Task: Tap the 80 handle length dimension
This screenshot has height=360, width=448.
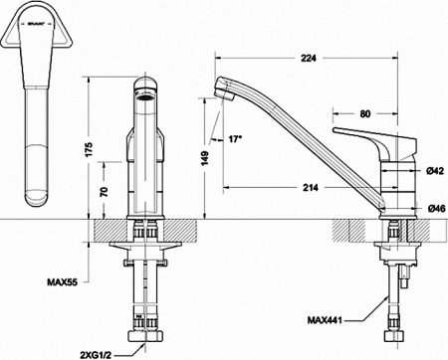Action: pyautogui.click(x=365, y=113)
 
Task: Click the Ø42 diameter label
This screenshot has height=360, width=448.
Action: pyautogui.click(x=434, y=171)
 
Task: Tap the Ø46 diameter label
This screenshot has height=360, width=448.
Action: pyautogui.click(x=434, y=209)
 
